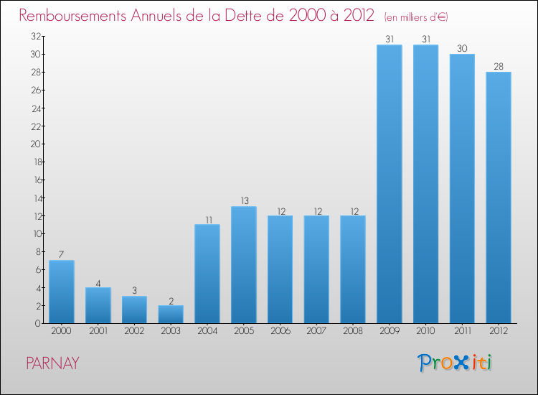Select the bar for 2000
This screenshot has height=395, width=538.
62,292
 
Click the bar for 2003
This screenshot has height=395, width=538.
171,314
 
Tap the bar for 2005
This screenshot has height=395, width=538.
243,265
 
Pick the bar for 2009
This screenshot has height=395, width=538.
389,184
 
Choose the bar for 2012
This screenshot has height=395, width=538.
499,197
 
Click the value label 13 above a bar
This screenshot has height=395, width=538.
243,201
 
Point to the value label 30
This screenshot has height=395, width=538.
462,48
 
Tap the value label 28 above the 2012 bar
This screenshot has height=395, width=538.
499,66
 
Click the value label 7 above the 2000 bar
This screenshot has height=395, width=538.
62,255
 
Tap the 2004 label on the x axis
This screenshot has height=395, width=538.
207,332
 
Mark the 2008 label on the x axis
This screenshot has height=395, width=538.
353,332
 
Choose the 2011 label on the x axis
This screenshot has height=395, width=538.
462,332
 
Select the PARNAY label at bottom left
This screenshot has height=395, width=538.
52,363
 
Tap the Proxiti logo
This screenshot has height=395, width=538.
456,363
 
